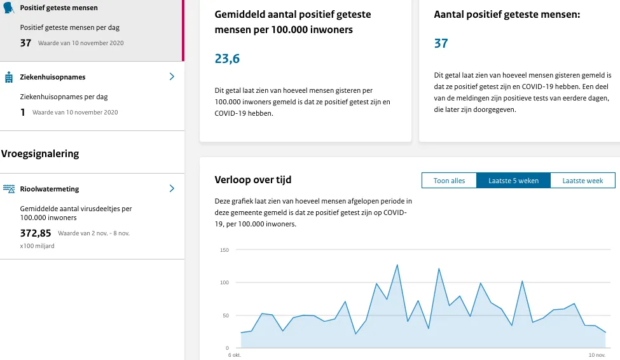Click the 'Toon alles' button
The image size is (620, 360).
click(449, 181)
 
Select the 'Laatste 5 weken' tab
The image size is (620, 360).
click(513, 181)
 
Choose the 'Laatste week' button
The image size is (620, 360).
click(582, 181)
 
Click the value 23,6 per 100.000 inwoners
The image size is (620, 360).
click(227, 59)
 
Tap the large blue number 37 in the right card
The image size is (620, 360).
click(441, 43)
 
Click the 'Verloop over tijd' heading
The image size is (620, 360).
click(253, 180)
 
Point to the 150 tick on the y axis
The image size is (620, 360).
click(224, 250)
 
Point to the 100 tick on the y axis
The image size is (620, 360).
click(224, 282)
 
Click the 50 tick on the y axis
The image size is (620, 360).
click(225, 315)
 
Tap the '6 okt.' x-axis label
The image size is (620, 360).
click(235, 355)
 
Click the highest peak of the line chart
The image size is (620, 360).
click(397, 265)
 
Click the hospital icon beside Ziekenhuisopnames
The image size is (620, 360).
click(9, 77)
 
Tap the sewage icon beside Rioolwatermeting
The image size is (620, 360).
click(9, 189)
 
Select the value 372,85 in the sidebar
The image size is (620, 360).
click(36, 233)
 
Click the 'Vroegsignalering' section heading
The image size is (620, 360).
click(40, 153)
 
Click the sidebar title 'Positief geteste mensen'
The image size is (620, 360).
click(59, 8)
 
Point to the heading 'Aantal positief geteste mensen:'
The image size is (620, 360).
click(507, 13)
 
